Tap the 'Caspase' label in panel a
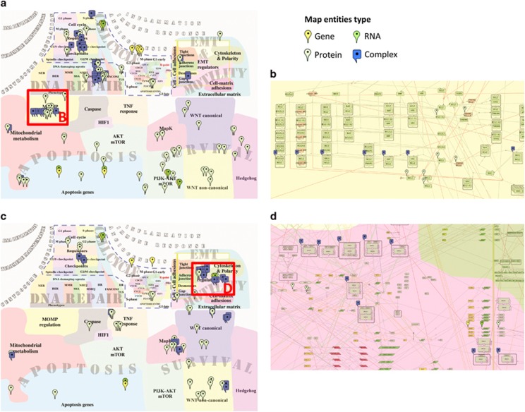click(95, 110)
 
